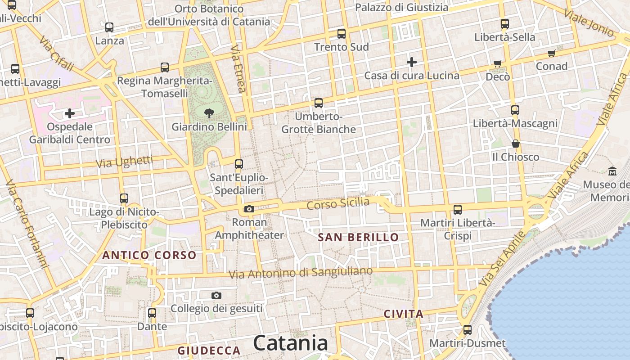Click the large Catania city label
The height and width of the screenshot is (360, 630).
[290, 343]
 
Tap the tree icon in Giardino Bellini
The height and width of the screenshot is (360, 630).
[209, 113]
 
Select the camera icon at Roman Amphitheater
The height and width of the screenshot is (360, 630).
[249, 209]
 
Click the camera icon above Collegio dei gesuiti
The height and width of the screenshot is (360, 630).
[216, 295]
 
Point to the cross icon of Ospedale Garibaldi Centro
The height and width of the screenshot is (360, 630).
[70, 113]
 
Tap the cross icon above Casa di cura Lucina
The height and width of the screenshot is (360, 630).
[412, 62]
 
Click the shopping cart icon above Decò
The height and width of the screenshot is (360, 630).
[498, 64]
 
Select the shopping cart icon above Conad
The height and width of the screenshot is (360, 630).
[552, 54]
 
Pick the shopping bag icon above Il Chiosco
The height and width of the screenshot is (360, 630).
[516, 144]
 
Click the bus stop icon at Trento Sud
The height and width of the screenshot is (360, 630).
[342, 34]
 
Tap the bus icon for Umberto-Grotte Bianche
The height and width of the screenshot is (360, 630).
[319, 103]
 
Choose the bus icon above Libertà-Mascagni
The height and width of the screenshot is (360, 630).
[515, 110]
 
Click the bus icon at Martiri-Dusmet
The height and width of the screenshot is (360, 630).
[468, 330]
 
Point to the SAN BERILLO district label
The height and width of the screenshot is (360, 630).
[358, 237]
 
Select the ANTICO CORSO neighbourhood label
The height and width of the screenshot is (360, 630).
[149, 255]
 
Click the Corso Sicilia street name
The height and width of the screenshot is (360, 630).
[338, 203]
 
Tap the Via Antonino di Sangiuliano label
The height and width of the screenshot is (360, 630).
[301, 273]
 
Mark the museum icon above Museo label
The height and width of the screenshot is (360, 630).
[612, 171]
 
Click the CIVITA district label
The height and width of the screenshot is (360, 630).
[404, 314]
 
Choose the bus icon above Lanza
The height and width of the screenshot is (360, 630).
[109, 27]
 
